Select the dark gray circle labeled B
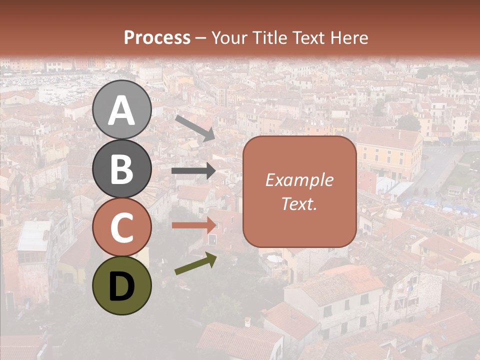(122, 168)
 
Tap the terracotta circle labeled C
(122, 227)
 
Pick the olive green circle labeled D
(122, 286)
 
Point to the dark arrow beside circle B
(193, 171)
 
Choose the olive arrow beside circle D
(195, 264)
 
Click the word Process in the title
(157, 38)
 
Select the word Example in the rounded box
(299, 180)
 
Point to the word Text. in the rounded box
(299, 204)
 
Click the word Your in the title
(228, 38)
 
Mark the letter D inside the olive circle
(122, 286)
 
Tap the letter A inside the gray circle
(122, 110)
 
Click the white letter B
(122, 169)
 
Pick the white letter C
(122, 228)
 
